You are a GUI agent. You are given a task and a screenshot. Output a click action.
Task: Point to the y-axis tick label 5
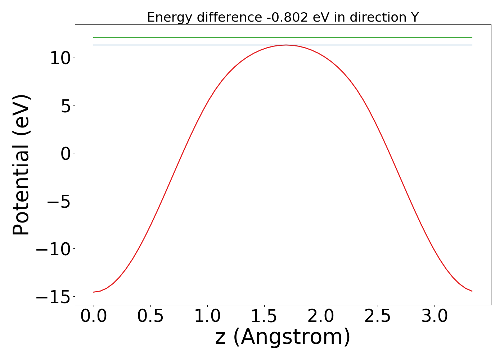[66, 105]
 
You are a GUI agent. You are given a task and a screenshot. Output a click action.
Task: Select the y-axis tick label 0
[66, 153]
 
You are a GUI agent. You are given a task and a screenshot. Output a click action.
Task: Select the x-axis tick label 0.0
[94, 316]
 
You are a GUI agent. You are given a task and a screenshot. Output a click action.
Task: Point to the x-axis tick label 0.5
[150, 316]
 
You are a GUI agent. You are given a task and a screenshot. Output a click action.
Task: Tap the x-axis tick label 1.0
[207, 316]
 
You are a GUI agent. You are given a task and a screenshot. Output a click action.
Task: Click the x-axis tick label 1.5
[264, 316]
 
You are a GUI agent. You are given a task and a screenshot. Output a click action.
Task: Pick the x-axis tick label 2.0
[321, 316]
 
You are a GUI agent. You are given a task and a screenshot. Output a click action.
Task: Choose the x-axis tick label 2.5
[378, 316]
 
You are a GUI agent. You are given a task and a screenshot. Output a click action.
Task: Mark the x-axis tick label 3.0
[435, 316]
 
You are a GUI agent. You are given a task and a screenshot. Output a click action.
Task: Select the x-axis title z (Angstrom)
[283, 337]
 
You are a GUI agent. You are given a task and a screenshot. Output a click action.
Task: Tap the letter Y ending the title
[415, 17]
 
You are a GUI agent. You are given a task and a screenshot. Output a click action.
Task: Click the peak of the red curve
[286, 45]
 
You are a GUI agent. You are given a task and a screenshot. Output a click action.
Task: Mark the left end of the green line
[94, 37]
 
